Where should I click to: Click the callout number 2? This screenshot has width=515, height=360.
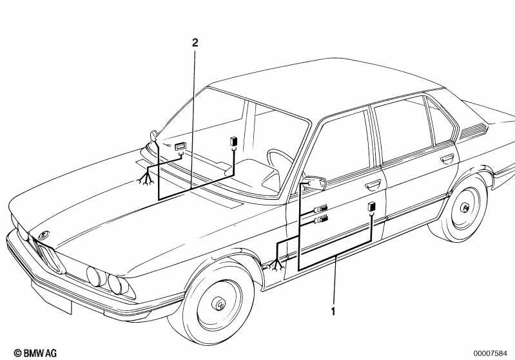click(195, 43)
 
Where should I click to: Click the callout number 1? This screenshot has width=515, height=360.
click(333, 311)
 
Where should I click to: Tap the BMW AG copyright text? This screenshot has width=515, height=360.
click(35, 353)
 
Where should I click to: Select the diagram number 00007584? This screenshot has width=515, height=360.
click(490, 354)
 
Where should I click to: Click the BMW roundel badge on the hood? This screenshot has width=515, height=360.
click(44, 235)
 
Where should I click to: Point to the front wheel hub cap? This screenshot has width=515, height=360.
click(219, 303)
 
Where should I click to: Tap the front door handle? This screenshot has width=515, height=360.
click(373, 185)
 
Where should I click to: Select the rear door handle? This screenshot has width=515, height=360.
click(447, 160)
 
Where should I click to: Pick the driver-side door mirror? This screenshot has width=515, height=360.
click(315, 183)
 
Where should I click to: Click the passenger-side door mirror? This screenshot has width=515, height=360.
click(153, 136)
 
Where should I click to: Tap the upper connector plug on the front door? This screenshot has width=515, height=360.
click(321, 209)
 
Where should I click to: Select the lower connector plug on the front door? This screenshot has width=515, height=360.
click(321, 219)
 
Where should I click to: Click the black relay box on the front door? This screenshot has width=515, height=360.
click(371, 207)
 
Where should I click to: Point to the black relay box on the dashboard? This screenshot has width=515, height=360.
click(234, 142)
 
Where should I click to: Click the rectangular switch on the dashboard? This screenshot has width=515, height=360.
click(180, 147)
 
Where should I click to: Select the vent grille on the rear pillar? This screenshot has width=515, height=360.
click(473, 130)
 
